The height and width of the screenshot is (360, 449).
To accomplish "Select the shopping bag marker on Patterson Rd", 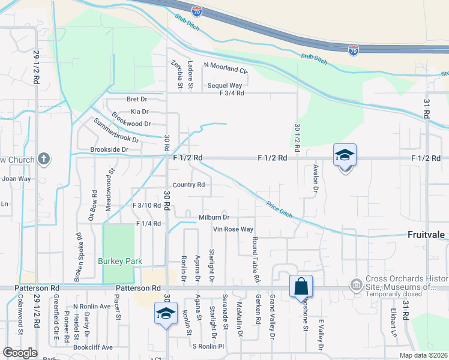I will (300, 286).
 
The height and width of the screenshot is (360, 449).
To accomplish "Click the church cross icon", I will (43, 159).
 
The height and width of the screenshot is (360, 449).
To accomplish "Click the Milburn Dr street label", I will (214, 217).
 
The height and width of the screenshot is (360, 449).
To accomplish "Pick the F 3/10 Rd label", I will (146, 205).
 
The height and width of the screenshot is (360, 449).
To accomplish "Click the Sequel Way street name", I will (224, 85).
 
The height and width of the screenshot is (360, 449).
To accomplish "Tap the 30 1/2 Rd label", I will (297, 137).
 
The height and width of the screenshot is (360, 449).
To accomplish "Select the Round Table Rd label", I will (255, 259).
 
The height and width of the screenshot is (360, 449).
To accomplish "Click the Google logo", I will (20, 353).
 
